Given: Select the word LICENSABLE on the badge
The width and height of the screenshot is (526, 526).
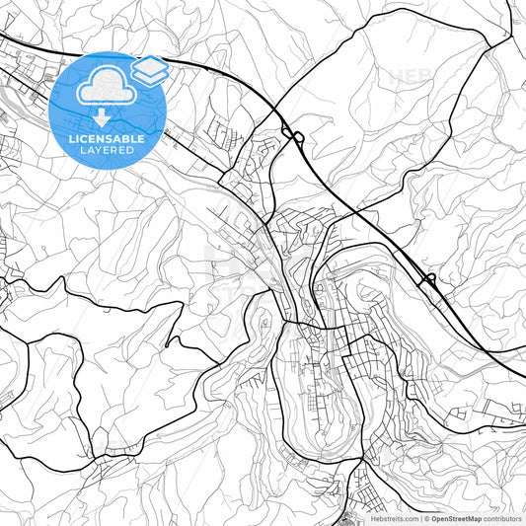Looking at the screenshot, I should pyautogui.click(x=107, y=139).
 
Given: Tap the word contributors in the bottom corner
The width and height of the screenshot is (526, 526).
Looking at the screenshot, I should pyautogui.click(x=502, y=518).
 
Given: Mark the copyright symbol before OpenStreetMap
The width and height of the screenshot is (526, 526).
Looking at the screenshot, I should pyautogui.click(x=425, y=518).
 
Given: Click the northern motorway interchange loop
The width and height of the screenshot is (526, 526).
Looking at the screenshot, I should pyautogui.click(x=293, y=135).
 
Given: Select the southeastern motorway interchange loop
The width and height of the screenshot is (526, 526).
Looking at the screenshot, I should pyautogui.click(x=428, y=280).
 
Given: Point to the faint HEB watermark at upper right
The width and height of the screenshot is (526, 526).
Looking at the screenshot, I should pyautogui.click(x=410, y=75).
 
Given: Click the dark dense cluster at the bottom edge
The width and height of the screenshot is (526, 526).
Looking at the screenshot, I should pyautogui.click(x=352, y=515).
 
